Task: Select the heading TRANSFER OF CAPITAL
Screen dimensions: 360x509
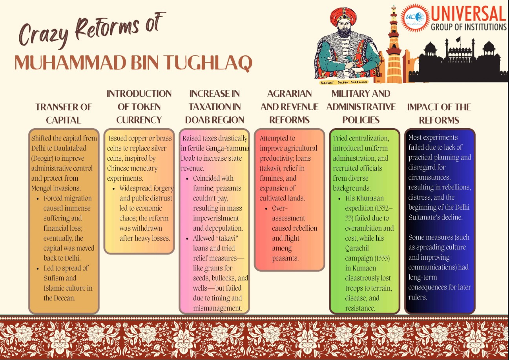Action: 64,113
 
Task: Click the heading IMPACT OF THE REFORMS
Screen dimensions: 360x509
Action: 439,113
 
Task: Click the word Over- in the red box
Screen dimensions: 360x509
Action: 279,208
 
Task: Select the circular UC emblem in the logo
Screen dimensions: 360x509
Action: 416,17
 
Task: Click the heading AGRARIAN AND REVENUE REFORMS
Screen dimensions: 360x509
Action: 289,107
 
